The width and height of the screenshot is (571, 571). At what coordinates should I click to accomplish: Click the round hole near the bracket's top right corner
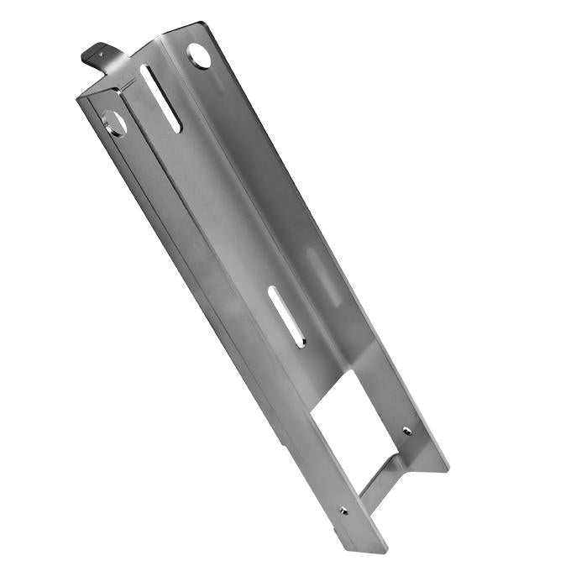(199, 55)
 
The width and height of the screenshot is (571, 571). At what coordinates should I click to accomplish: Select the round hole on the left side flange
(115, 123)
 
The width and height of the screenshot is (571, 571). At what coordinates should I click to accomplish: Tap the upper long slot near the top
(160, 98)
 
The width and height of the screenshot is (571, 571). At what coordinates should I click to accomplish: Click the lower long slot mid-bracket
(285, 316)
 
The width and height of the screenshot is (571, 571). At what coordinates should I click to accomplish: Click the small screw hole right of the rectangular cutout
(407, 430)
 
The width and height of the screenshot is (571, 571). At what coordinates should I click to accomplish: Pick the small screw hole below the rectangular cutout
(343, 510)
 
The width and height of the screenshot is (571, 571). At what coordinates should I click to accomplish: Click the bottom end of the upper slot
(175, 128)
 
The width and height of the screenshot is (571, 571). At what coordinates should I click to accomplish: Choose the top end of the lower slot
(272, 291)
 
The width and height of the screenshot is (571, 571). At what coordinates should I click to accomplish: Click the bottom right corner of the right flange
(448, 468)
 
